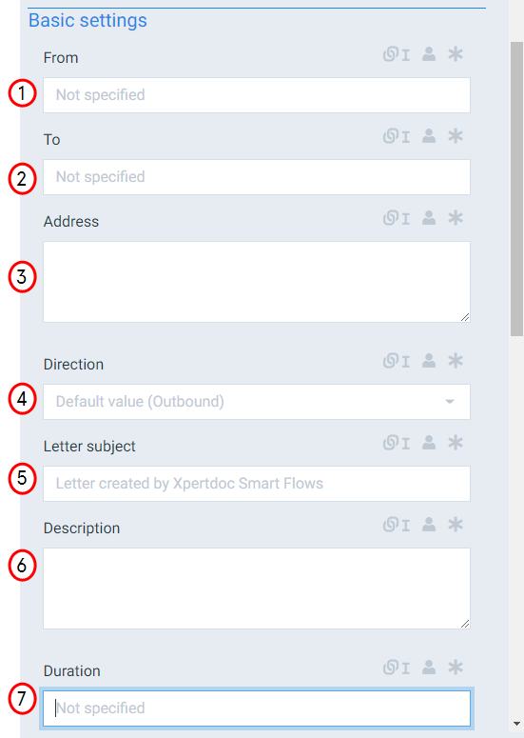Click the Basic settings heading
(87, 21)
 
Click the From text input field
(257, 95)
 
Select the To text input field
(257, 177)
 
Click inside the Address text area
(257, 282)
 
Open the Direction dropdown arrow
(450, 402)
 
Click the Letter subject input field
(257, 484)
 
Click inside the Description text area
(257, 588)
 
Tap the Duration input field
(257, 708)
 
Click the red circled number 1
(22, 93)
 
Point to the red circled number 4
(22, 399)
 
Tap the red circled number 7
(22, 698)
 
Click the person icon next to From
(429, 54)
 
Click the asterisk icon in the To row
(456, 136)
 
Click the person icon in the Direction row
(429, 361)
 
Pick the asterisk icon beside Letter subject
(456, 443)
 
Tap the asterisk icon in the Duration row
(456, 668)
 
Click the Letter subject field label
(89, 447)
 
